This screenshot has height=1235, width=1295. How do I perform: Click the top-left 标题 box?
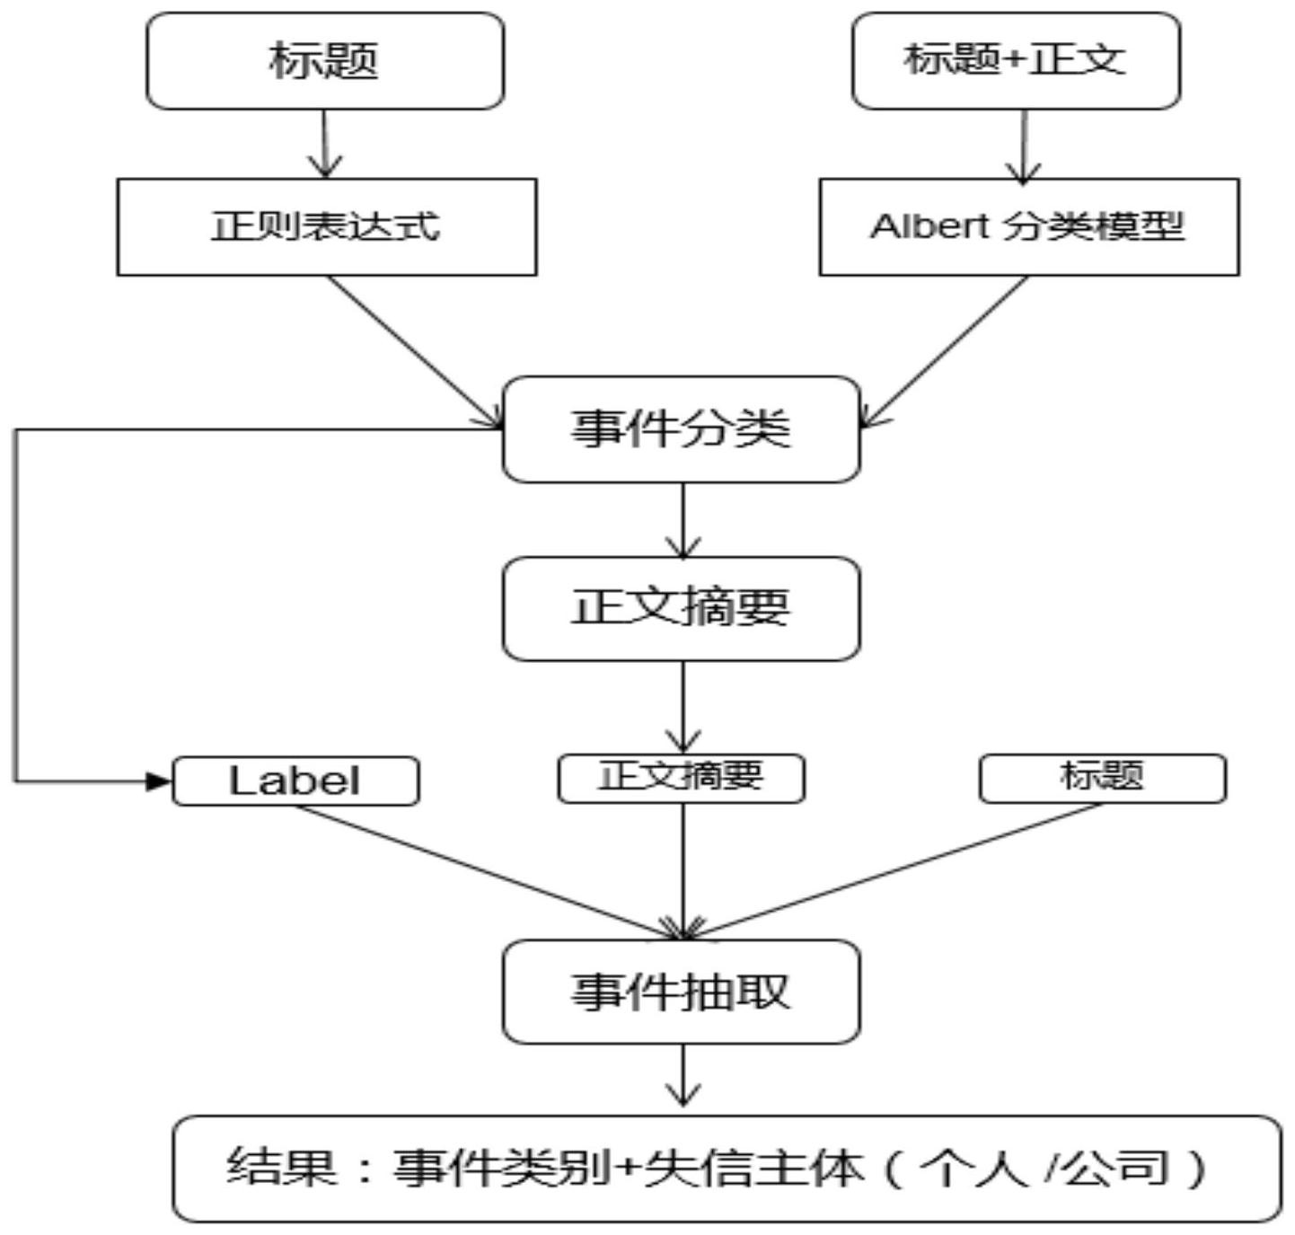[x=325, y=61]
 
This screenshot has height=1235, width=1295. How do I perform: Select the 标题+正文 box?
[x=1016, y=61]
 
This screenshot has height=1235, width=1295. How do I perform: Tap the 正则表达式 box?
[x=327, y=226]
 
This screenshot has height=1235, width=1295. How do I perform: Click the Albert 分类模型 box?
[x=1029, y=226]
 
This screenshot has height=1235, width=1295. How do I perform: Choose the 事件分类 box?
[x=681, y=429]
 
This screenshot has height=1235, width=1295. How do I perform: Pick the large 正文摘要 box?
[x=681, y=608]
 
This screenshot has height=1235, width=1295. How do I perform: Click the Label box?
[x=295, y=781]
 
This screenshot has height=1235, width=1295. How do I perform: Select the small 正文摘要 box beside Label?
[x=681, y=778]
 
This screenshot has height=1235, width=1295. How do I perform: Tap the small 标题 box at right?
[x=1102, y=778]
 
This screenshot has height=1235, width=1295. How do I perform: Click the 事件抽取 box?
[x=681, y=992]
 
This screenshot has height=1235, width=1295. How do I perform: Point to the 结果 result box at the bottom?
[x=726, y=1169]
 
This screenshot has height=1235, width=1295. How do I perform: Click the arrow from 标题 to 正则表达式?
[x=324, y=144]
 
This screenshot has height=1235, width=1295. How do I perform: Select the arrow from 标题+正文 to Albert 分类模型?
[x=1024, y=146]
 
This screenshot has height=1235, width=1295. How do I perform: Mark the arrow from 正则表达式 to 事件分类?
[x=413, y=351]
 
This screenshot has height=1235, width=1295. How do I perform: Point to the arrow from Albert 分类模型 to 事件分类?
[x=945, y=351]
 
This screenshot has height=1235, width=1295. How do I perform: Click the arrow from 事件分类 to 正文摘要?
[x=683, y=520]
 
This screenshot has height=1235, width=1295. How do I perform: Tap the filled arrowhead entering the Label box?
[x=158, y=781]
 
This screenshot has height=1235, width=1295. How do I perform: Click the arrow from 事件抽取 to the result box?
[x=683, y=1075]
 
